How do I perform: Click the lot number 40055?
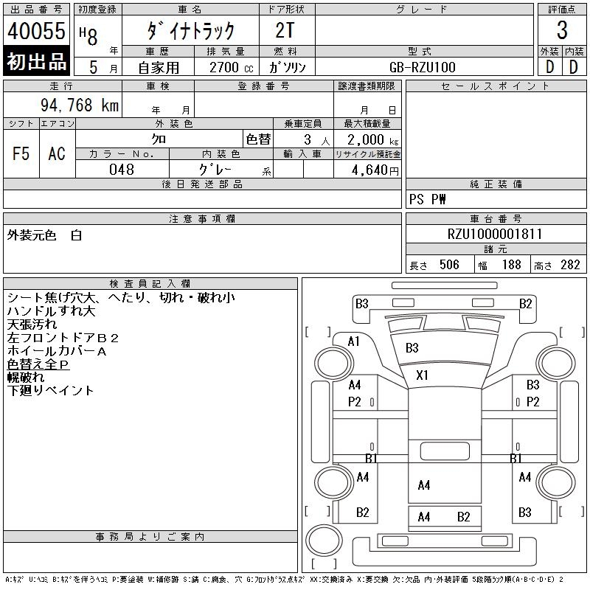[x=36, y=31]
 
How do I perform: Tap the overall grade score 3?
[x=562, y=31]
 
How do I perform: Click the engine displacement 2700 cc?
[x=224, y=67]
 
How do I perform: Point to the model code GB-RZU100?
[x=423, y=67]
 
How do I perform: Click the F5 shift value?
[x=21, y=153]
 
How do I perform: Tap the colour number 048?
[x=122, y=170]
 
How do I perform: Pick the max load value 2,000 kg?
[x=368, y=139]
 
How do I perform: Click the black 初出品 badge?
[x=36, y=62]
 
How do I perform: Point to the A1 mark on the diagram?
[x=354, y=341]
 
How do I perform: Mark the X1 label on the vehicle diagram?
[x=422, y=375]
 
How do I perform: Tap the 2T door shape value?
[x=286, y=31]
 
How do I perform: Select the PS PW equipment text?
[x=427, y=200]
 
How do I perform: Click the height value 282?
[x=570, y=265]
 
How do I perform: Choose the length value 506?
[x=448, y=265]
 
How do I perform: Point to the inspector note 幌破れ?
[x=25, y=377]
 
